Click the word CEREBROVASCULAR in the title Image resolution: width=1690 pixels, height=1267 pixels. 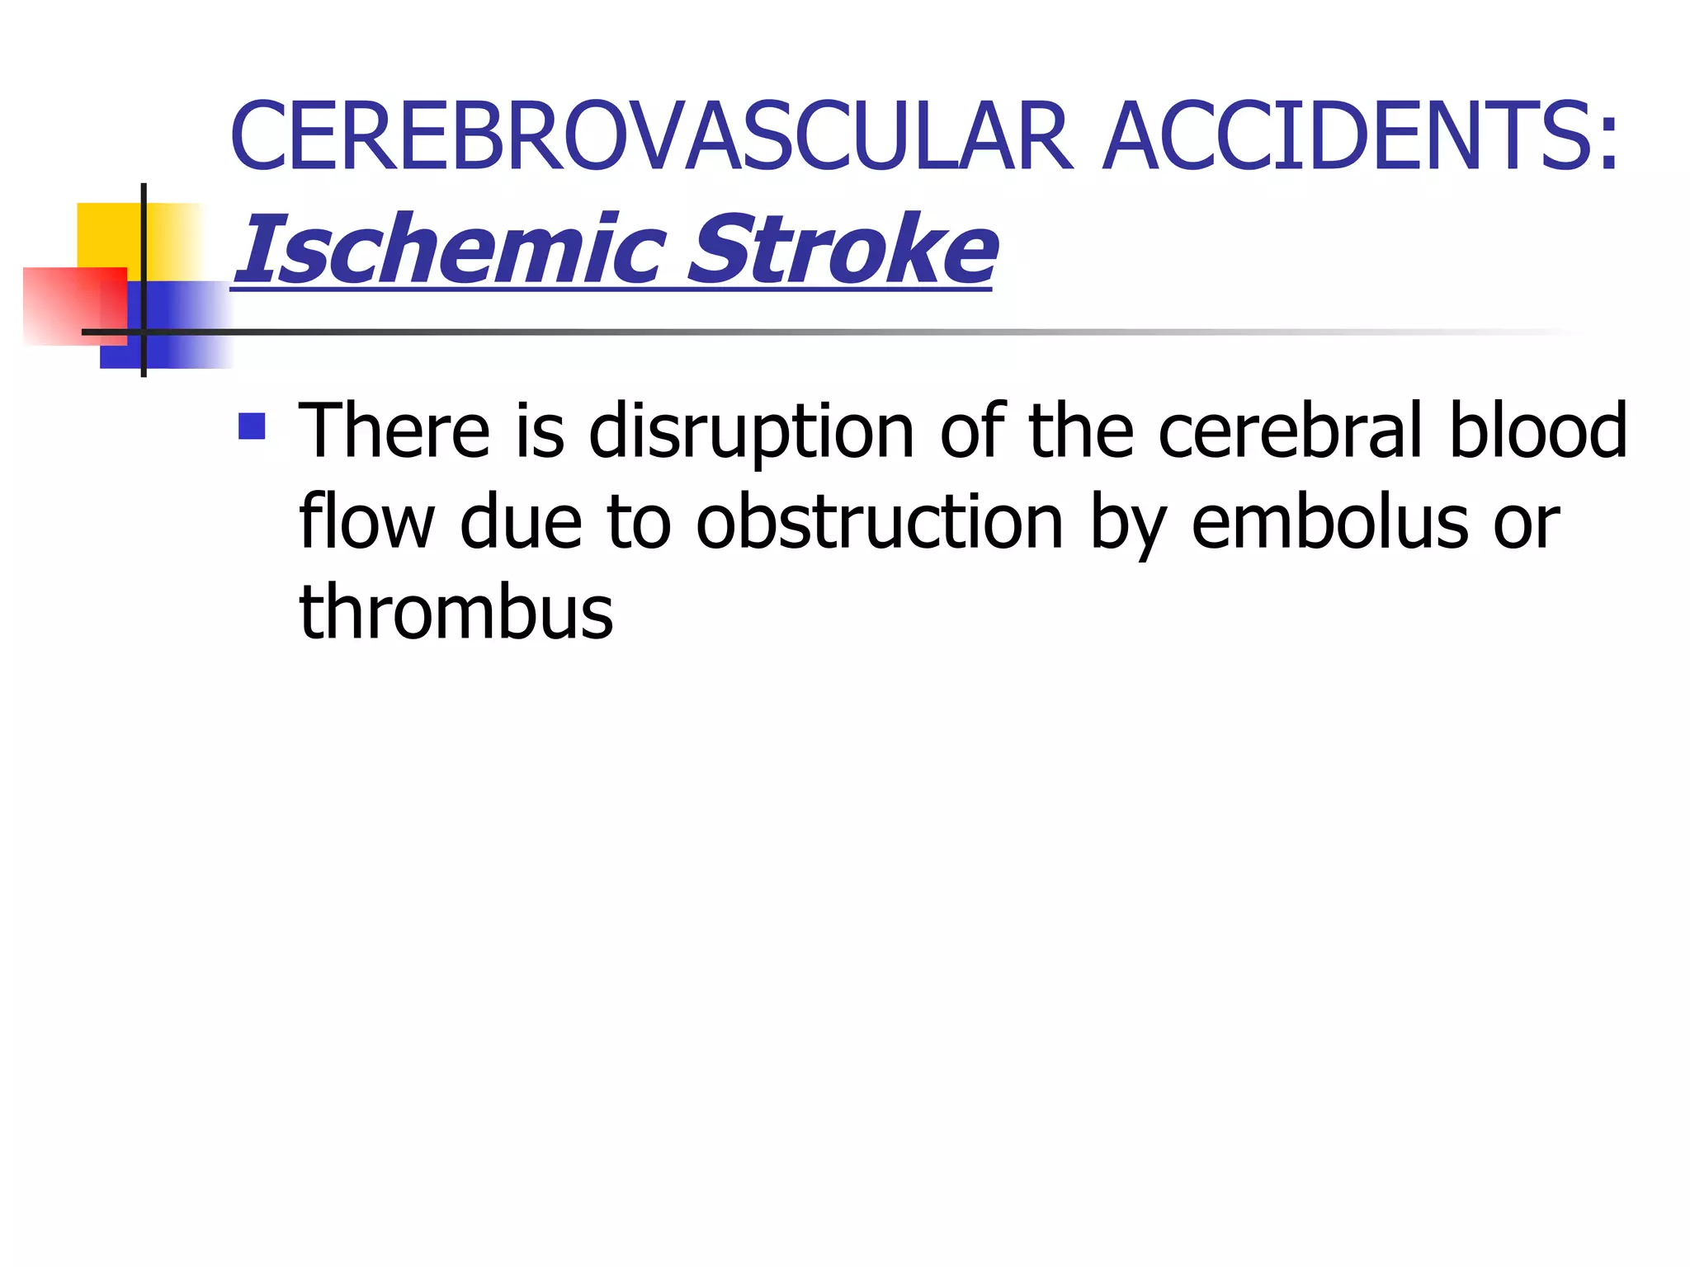click(x=652, y=136)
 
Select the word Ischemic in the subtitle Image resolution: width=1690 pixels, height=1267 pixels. click(x=451, y=249)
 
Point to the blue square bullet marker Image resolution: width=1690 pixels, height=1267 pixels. click(x=252, y=426)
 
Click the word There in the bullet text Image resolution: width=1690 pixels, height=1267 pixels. click(x=394, y=431)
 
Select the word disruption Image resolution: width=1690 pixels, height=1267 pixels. click(x=752, y=432)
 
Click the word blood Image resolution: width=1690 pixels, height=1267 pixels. click(x=1538, y=431)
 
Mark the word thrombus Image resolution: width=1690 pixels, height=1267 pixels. click(x=456, y=612)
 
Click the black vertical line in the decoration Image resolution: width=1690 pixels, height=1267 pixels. click(x=144, y=247)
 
